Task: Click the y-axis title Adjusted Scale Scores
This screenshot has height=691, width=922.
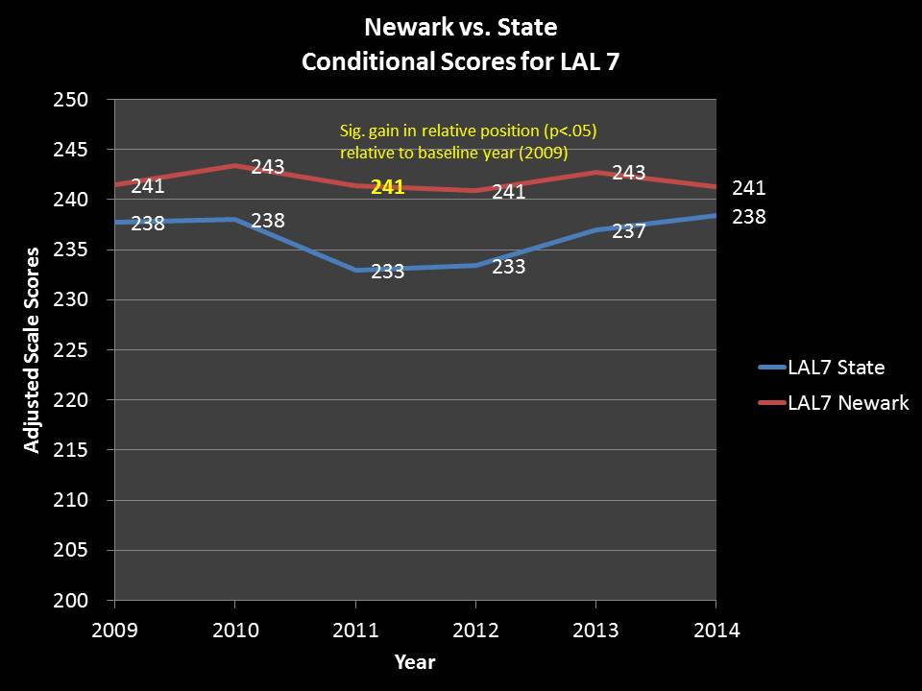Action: coord(32,349)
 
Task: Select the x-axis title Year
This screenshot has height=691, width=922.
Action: coord(414,662)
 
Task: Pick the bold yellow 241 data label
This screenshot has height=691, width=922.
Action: coord(387,188)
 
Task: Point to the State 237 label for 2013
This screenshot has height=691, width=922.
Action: coord(628,232)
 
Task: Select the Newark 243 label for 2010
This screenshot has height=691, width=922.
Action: coord(267,167)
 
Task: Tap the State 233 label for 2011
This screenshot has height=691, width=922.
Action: coord(387,272)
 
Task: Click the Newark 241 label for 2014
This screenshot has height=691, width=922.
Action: coord(748,188)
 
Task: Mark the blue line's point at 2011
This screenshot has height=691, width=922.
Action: coord(355,270)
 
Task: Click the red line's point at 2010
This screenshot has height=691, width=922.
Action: coord(235,165)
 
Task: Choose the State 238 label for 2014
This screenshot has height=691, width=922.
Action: coord(748,217)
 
